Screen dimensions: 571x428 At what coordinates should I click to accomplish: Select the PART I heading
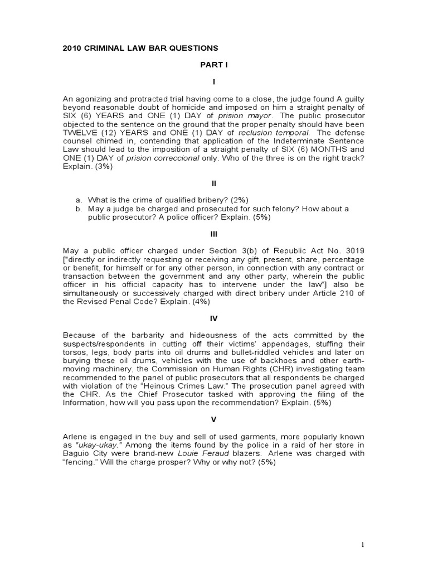point(214,65)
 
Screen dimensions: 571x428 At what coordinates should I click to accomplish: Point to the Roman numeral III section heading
point(214,234)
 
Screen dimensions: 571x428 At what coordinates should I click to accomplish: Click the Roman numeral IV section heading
point(214,318)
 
